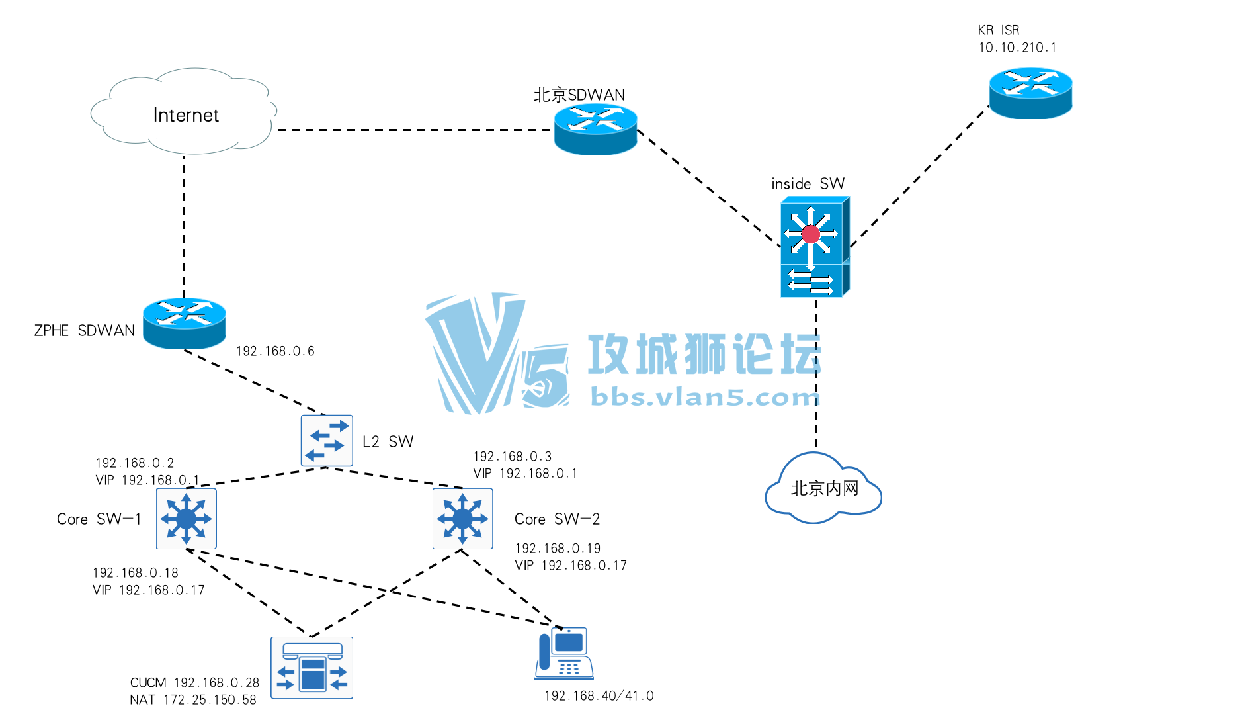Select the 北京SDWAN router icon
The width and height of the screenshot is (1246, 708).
click(x=595, y=130)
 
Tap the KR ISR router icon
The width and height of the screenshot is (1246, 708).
click(x=1030, y=93)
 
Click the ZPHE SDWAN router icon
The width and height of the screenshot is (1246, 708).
click(x=184, y=324)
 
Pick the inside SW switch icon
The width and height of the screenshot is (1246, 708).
click(x=813, y=247)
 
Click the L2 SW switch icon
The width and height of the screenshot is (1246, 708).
click(x=327, y=441)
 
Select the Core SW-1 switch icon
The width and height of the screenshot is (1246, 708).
click(x=186, y=519)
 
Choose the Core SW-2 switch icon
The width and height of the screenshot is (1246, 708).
click(x=462, y=519)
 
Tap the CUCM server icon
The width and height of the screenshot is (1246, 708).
click(x=311, y=667)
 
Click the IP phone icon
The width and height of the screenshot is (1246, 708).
click(x=563, y=654)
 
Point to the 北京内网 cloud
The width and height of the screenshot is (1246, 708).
click(x=823, y=489)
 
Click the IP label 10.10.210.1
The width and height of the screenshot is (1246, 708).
click(x=1017, y=48)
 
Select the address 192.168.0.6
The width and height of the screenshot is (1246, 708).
click(x=275, y=351)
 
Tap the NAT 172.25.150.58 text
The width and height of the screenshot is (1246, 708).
click(x=192, y=699)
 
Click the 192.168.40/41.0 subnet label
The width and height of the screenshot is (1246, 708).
click(x=599, y=696)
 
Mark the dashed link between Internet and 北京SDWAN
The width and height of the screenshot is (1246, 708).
click(x=413, y=130)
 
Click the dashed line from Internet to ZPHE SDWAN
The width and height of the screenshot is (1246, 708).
click(x=184, y=225)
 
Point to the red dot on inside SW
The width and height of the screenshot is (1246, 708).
click(x=810, y=234)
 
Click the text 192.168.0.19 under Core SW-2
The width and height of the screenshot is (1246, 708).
click(x=558, y=549)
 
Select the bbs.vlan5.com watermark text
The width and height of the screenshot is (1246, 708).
click(x=704, y=397)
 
